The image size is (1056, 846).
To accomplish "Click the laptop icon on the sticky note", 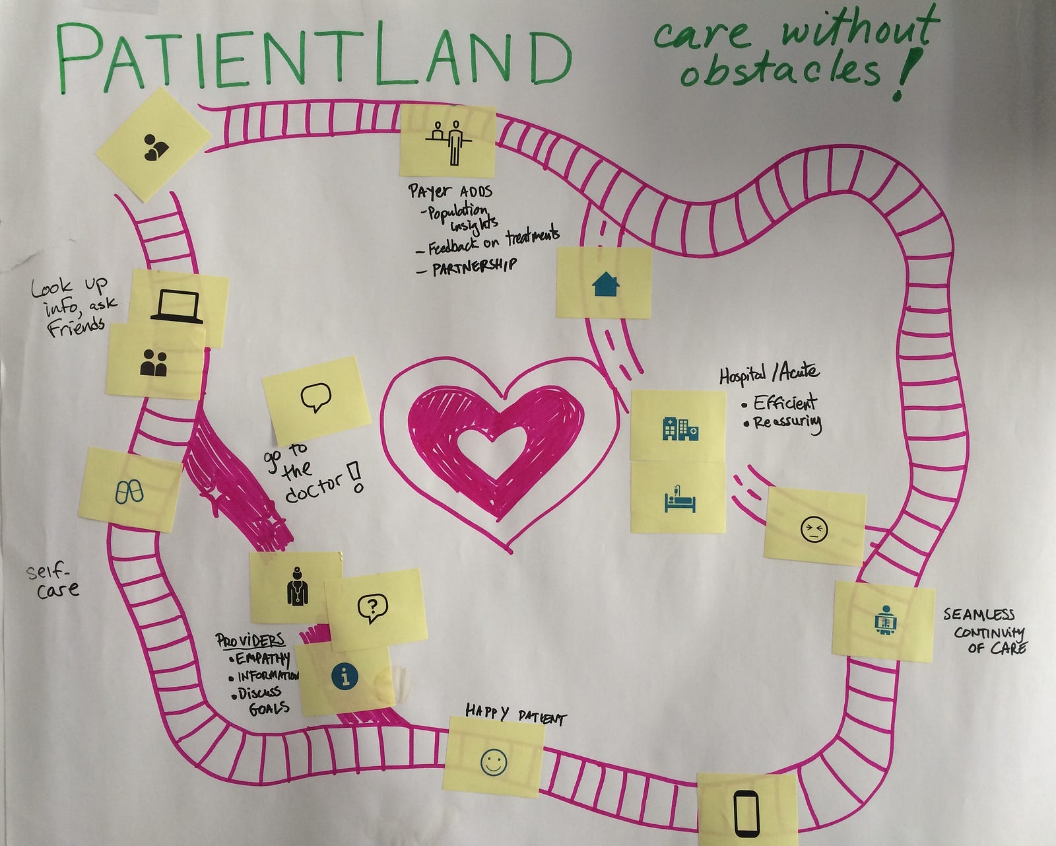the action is click(177, 307).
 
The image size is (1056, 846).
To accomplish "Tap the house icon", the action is click(605, 284).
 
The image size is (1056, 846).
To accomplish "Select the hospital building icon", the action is click(680, 429).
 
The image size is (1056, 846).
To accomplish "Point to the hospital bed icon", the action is click(680, 499).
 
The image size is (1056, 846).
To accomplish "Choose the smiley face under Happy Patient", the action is click(494, 762).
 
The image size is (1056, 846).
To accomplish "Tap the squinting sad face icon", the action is click(814, 530).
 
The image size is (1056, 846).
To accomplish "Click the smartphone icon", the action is click(746, 812).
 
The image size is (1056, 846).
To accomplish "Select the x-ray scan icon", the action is click(886, 621).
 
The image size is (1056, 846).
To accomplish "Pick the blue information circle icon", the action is click(345, 676).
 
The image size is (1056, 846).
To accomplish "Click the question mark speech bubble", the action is click(373, 608).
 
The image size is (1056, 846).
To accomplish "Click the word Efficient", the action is click(785, 403).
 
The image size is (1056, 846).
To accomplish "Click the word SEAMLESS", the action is click(979, 614).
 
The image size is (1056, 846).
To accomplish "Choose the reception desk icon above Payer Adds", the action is click(448, 141).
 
